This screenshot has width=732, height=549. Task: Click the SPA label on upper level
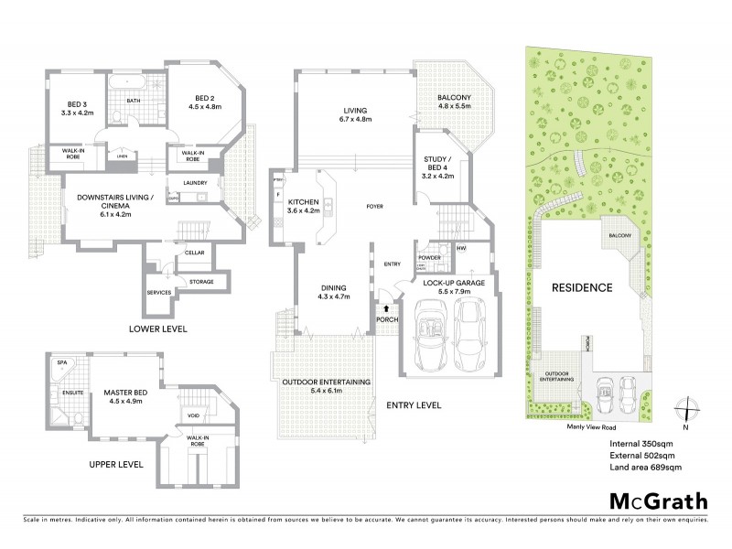point(62,363)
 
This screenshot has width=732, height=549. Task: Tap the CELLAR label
point(194,253)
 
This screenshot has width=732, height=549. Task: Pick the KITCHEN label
point(302,203)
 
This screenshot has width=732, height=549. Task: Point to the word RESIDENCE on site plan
point(581,287)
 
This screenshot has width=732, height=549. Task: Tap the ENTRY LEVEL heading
point(414,404)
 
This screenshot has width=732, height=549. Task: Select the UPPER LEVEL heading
point(115,465)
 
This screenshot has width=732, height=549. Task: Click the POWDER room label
point(429,258)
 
